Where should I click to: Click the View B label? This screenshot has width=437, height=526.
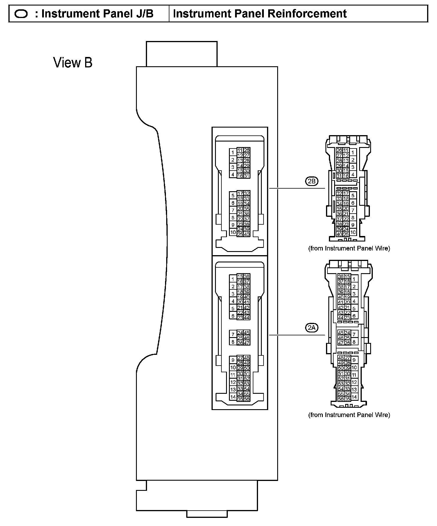[73, 62]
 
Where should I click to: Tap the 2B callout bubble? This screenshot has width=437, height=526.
[312, 182]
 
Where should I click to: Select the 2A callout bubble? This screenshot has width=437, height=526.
[312, 328]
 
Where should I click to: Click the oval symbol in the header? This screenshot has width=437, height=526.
[21, 14]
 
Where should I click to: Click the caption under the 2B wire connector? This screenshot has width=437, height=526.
[349, 248]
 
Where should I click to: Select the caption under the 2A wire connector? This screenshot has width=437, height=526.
[349, 415]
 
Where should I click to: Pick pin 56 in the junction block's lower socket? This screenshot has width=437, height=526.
[247, 399]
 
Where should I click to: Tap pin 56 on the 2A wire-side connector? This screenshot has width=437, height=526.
[341, 399]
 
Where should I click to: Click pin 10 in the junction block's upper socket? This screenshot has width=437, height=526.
[233, 232]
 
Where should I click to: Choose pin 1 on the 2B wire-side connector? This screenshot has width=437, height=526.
[353, 152]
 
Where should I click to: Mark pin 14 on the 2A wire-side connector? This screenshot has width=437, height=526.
[354, 397]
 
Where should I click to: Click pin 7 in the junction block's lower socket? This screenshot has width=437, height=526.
[233, 334]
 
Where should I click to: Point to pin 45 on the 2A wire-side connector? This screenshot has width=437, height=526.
[341, 333]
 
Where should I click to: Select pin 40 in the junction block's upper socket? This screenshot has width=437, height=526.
[247, 234]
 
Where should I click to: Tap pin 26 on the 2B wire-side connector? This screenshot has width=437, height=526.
[339, 150]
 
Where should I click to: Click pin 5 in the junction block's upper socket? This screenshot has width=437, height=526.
[233, 196]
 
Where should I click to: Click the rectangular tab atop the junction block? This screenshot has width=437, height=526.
[182, 54]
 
